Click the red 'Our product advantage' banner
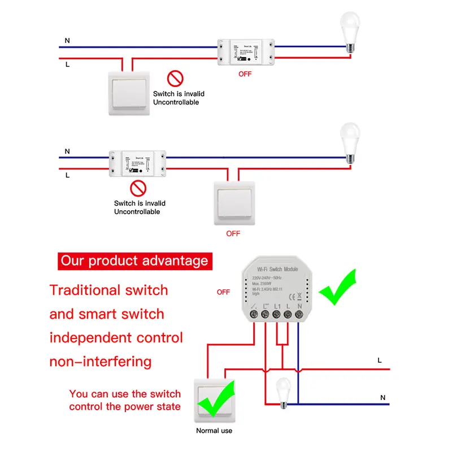(134, 260)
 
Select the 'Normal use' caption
(214, 431)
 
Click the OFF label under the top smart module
(245, 74)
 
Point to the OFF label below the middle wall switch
(233, 233)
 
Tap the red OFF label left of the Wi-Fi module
(224, 292)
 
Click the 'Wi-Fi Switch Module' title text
(277, 269)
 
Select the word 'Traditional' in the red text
(85, 290)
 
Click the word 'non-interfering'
(101, 361)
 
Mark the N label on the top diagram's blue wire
(67, 41)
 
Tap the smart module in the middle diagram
(137, 162)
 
